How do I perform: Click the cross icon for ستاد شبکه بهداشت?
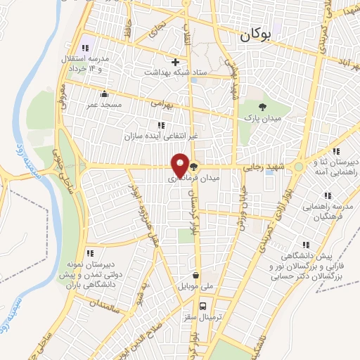[176, 62]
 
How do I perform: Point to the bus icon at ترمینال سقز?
[202, 306]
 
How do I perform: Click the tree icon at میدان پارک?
[262, 108]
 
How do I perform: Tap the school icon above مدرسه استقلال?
[84, 48]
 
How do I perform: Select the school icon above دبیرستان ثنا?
[336, 150]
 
